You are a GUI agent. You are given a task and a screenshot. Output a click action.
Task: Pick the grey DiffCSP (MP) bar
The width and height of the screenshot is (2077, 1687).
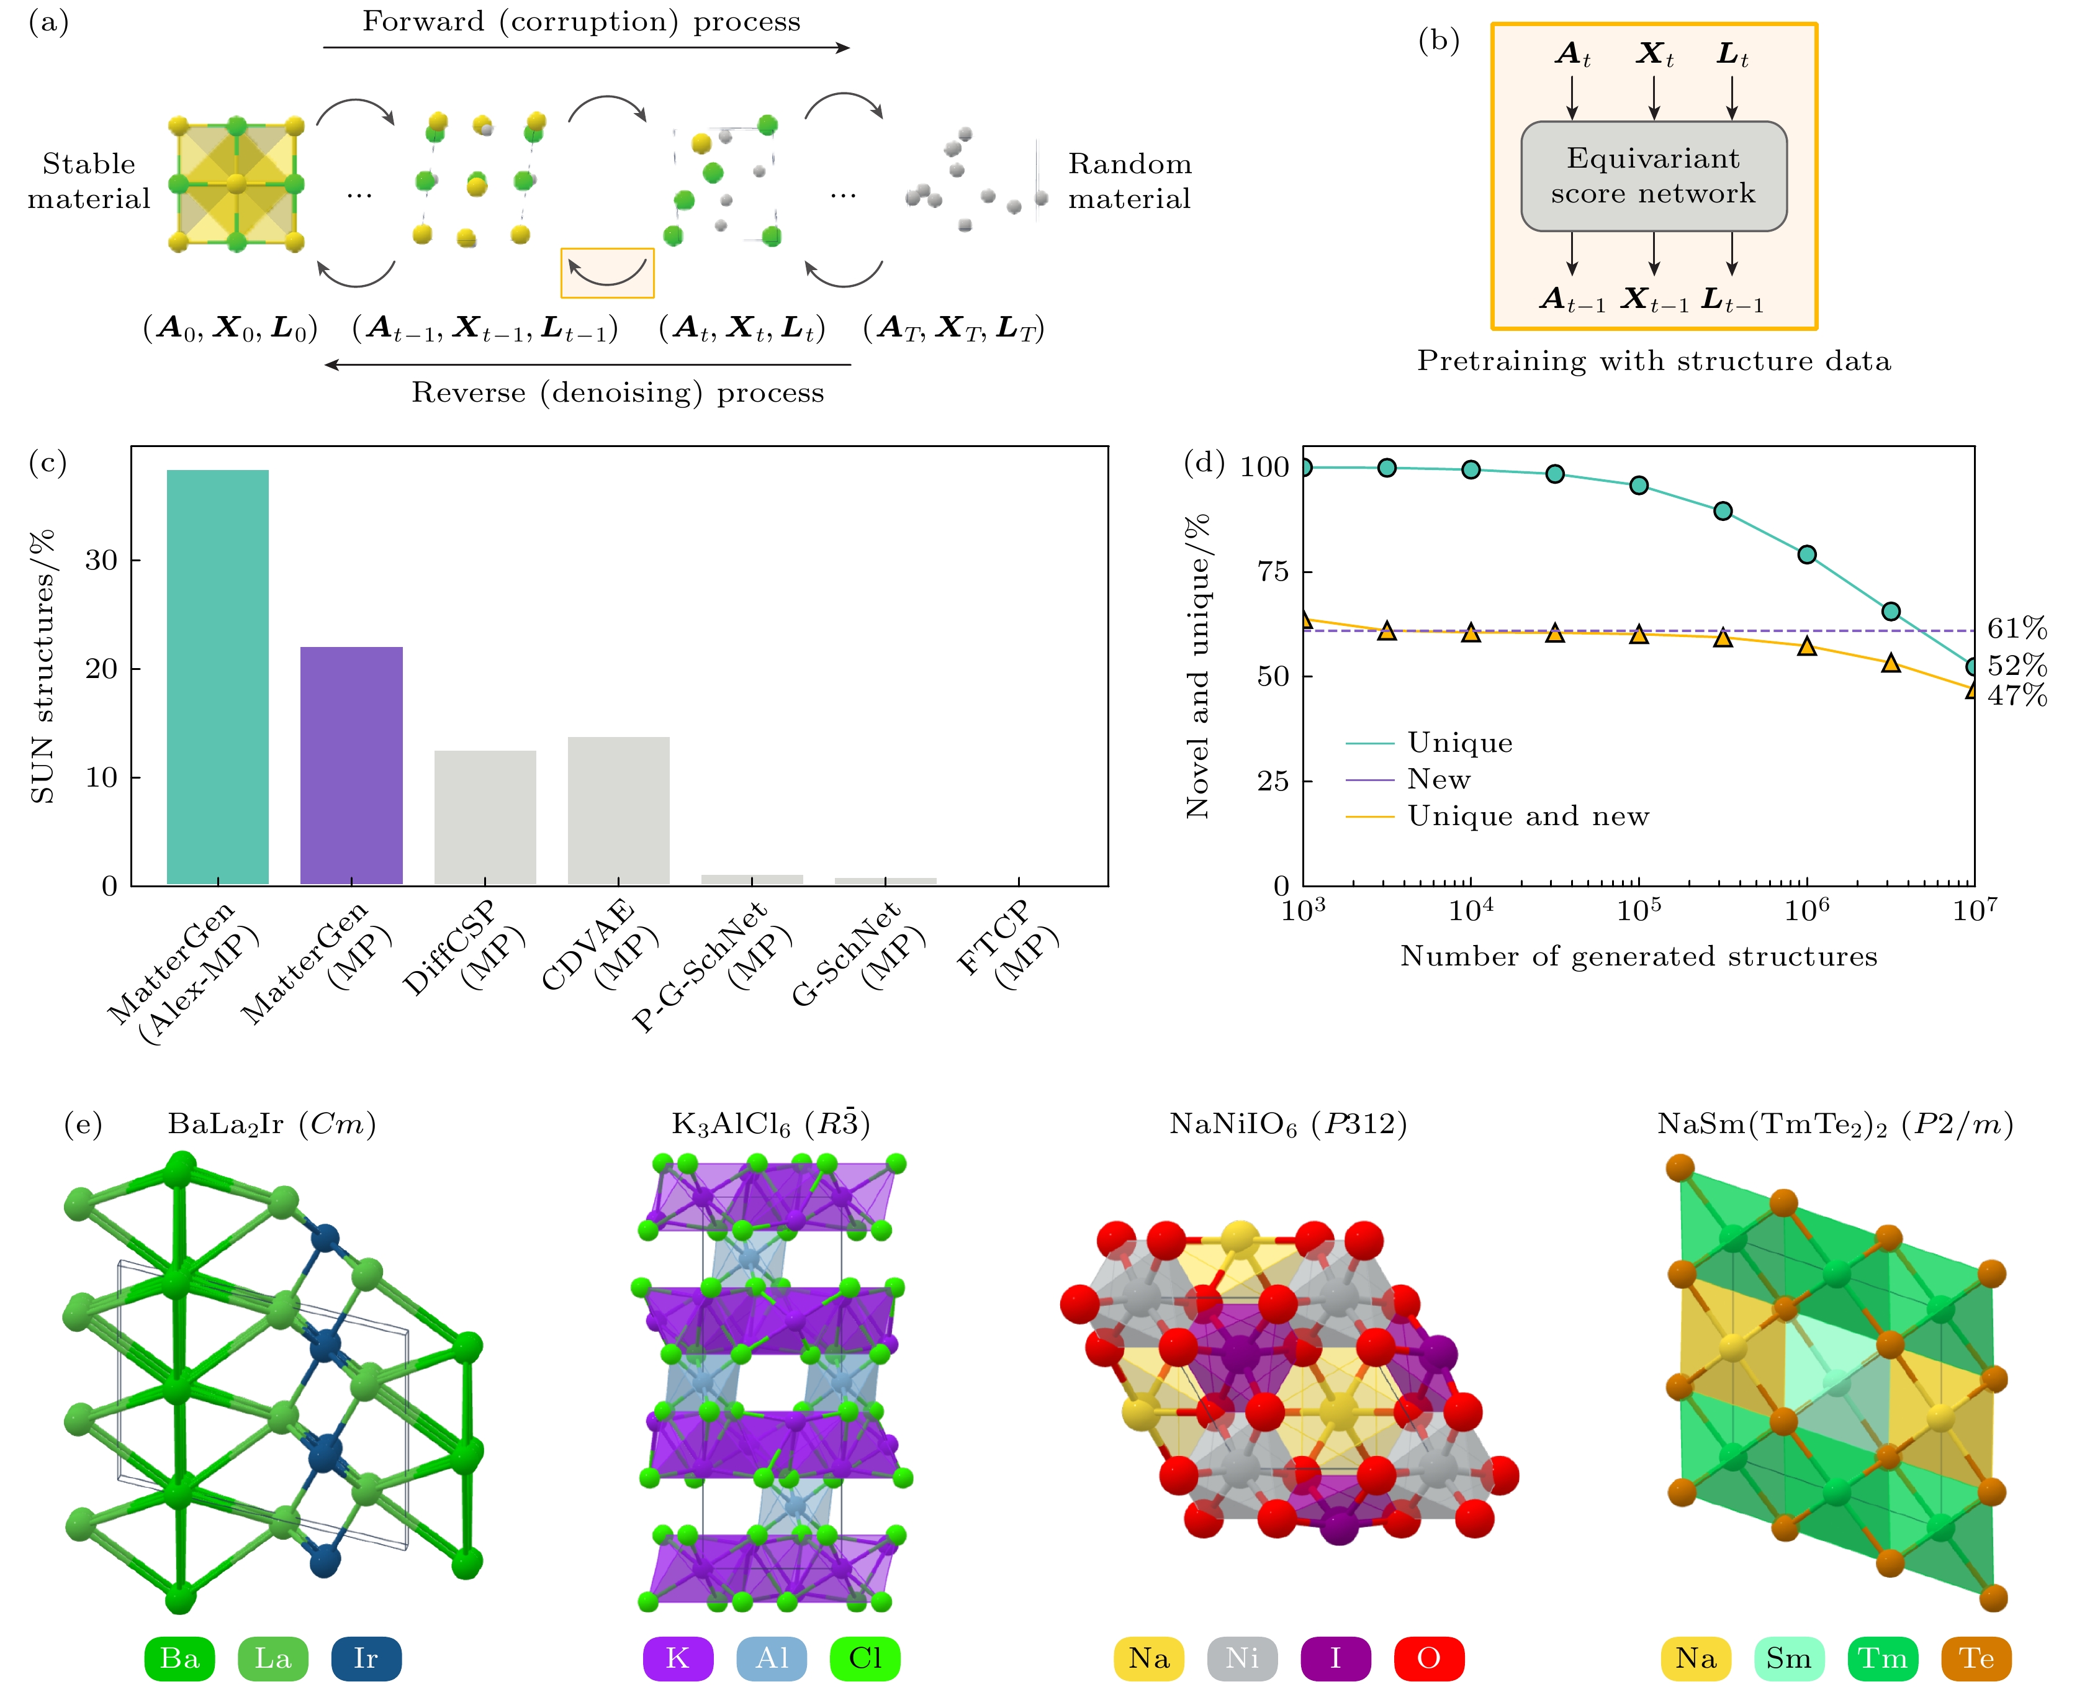tap(485, 817)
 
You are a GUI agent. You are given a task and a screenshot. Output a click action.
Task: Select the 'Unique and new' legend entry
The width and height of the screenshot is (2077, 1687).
tap(1527, 816)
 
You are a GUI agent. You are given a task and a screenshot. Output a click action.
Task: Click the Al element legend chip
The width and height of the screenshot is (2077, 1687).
tap(772, 1658)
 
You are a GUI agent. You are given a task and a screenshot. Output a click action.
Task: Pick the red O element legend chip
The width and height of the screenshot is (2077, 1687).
tap(1428, 1658)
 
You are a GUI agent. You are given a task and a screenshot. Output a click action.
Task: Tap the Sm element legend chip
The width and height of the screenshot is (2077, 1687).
tap(1788, 1658)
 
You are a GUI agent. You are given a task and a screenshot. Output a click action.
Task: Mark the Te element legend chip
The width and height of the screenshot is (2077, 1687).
tap(1976, 1658)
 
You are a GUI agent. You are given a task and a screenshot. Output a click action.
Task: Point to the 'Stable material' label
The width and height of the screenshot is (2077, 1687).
tap(88, 181)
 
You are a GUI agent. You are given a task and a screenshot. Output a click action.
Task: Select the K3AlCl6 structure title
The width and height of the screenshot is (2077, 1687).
tap(770, 1124)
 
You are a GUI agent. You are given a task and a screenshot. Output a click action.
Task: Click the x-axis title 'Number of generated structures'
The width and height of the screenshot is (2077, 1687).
tap(1638, 956)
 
